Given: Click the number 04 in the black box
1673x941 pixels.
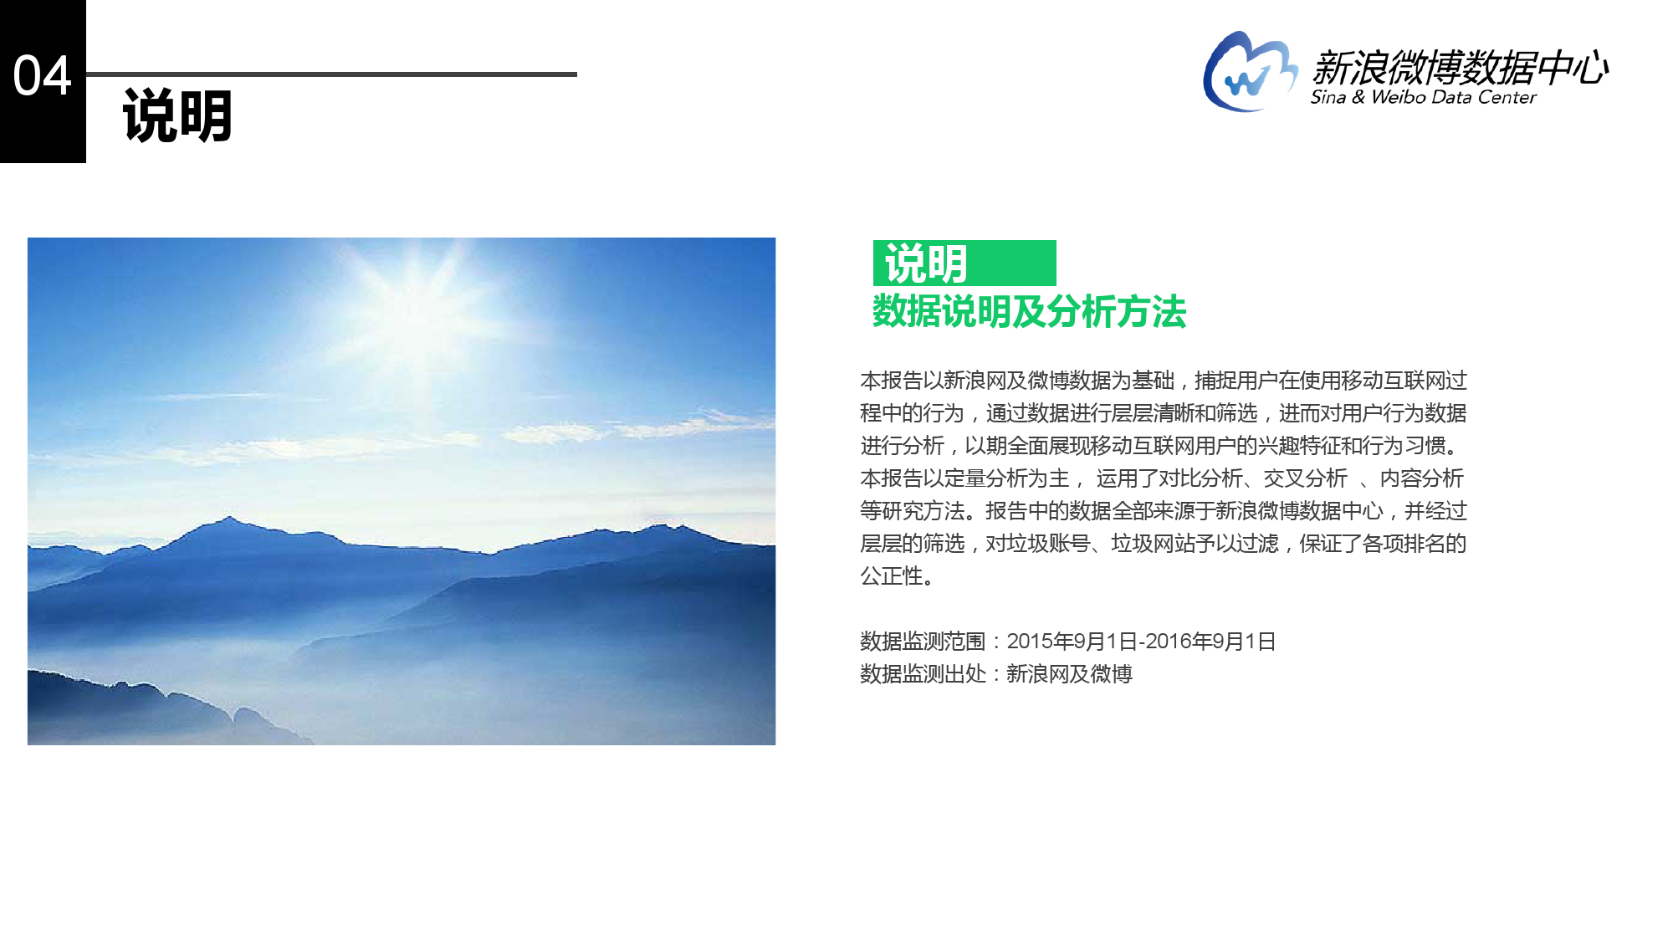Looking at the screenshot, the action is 43,76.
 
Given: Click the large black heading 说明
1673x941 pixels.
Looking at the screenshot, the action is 177,116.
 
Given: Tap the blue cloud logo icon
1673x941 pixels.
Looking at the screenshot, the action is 1250,71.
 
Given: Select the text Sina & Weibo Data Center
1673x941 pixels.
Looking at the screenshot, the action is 1423,97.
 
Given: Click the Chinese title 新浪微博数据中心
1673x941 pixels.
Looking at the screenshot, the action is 1460,67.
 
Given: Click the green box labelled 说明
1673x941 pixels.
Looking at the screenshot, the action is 964,263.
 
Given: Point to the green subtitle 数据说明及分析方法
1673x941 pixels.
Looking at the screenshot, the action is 1029,312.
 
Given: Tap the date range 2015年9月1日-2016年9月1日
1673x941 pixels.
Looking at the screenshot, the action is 1141,642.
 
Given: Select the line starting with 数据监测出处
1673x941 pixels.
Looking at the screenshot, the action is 996,674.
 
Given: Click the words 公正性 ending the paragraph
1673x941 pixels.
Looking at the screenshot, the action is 892,576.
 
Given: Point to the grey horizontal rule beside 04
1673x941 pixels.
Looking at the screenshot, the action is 331,74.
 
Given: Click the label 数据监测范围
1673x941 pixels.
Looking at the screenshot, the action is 923,642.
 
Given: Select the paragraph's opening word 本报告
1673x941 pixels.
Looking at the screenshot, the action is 892,381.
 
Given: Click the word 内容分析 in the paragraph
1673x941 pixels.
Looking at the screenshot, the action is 1422,478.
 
